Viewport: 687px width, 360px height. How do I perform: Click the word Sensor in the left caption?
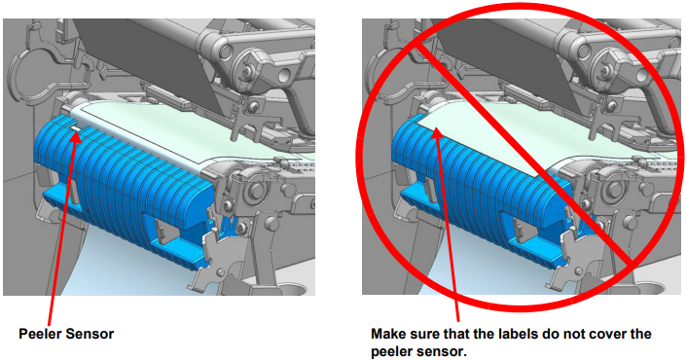coord(90,334)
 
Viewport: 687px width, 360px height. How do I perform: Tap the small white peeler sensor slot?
coord(76,127)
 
